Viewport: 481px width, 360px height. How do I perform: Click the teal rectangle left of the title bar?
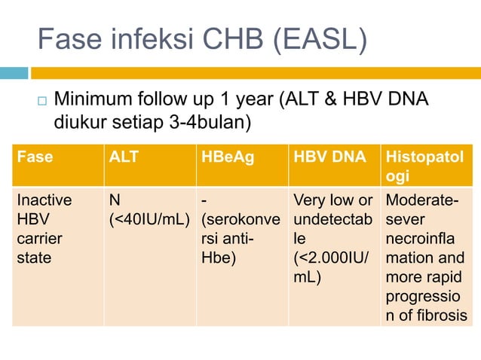14,73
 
